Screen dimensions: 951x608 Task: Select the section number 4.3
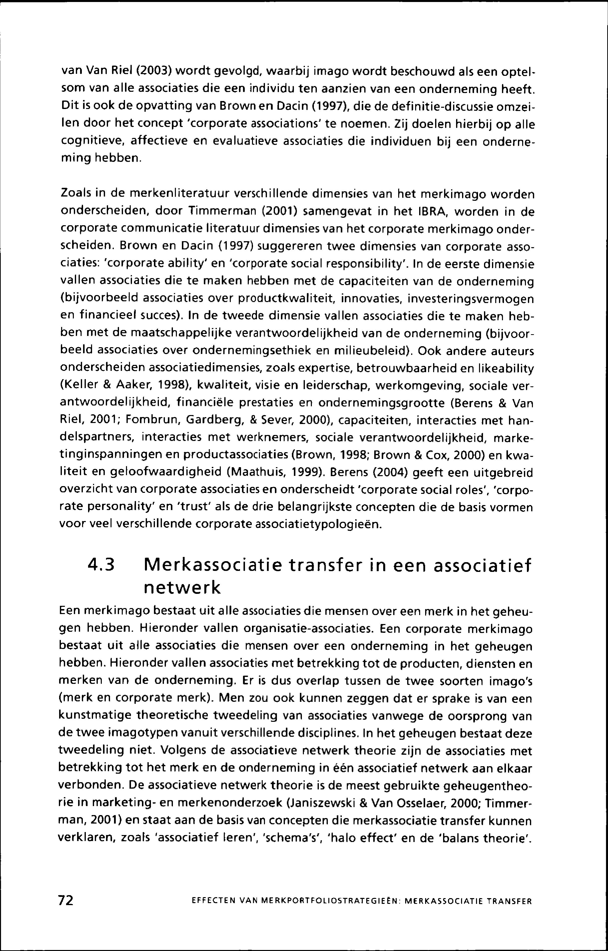coord(101,566)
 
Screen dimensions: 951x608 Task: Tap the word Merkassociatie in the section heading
coord(213,566)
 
